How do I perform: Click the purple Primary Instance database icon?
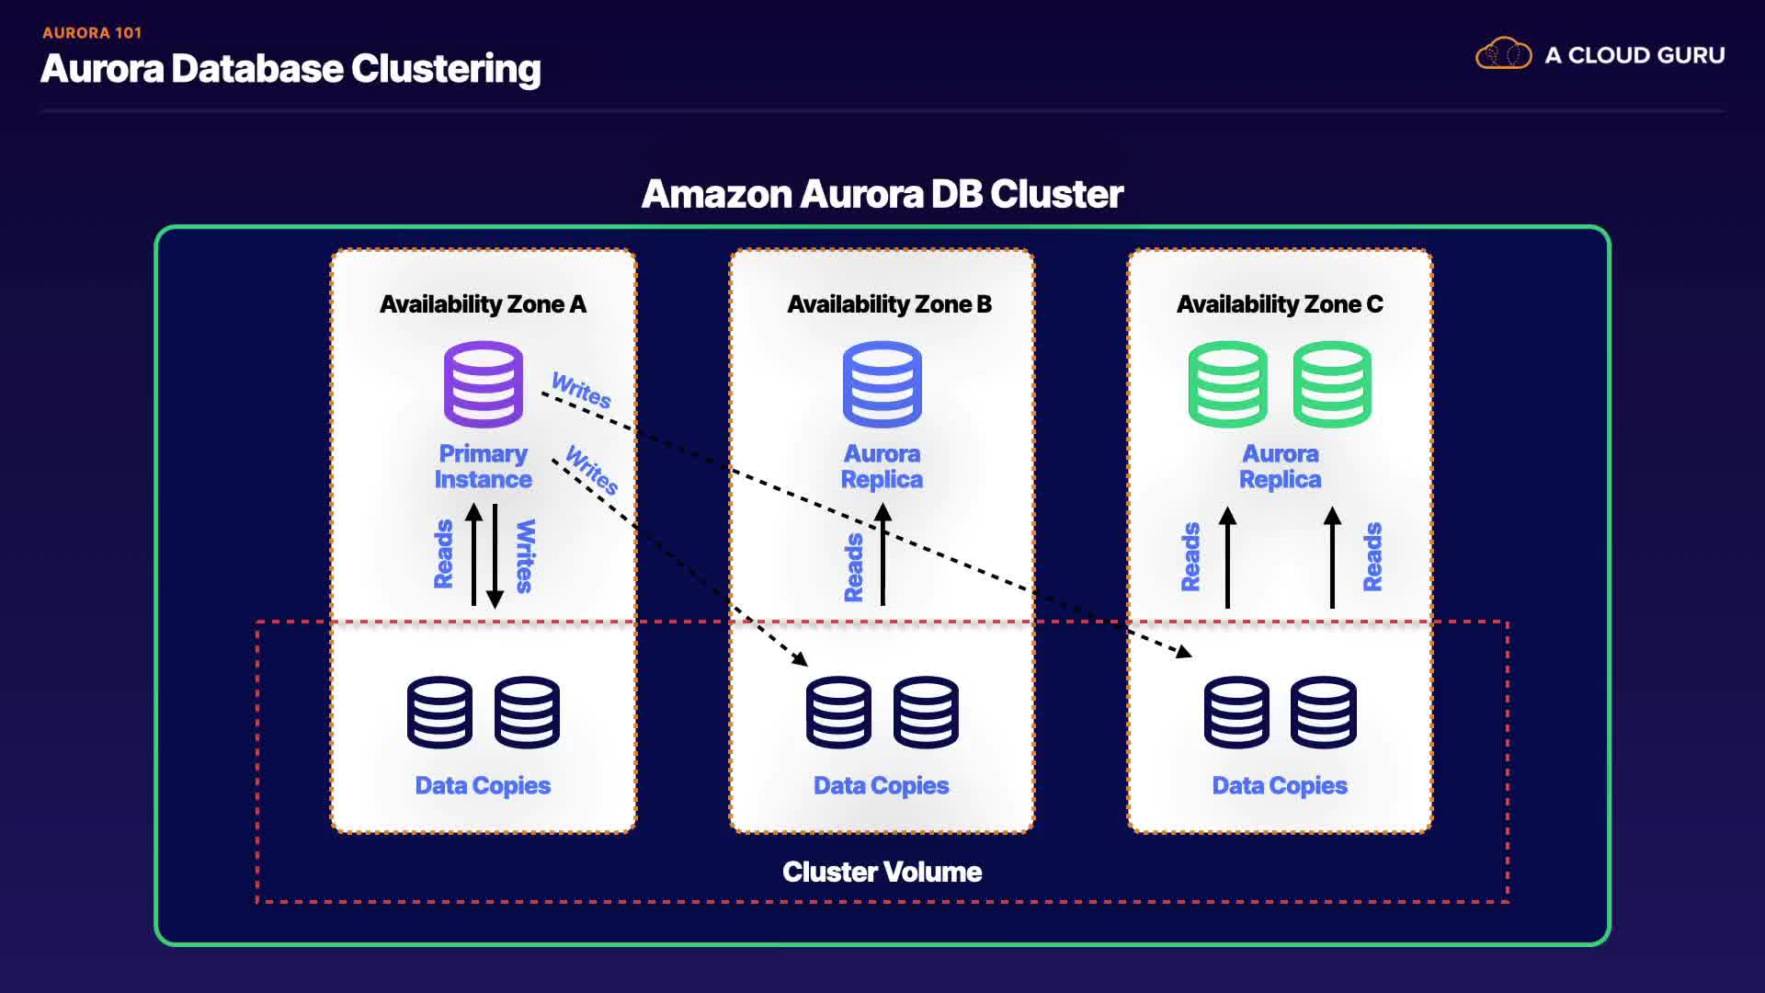click(x=484, y=384)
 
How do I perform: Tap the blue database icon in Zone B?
click(x=882, y=384)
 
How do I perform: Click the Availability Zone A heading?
click(x=483, y=304)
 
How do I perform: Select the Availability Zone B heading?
click(x=889, y=304)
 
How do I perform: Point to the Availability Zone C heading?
click(x=1280, y=304)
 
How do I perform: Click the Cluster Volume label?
click(x=882, y=872)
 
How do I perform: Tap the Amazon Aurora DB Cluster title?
click(x=882, y=194)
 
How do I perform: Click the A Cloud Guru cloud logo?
click(x=1503, y=54)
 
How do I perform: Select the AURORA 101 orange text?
click(x=92, y=33)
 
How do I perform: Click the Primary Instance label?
click(x=483, y=466)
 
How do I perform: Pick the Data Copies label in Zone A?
click(x=483, y=785)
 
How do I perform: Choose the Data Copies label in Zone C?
click(x=1280, y=785)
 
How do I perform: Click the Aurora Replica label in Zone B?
click(x=882, y=466)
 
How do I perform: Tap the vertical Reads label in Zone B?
click(x=854, y=567)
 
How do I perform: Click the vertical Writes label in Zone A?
click(x=525, y=556)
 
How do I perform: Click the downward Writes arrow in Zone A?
click(x=495, y=556)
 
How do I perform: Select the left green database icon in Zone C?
click(x=1227, y=384)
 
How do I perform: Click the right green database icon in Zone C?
click(x=1332, y=384)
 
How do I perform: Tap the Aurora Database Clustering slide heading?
click(x=290, y=69)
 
